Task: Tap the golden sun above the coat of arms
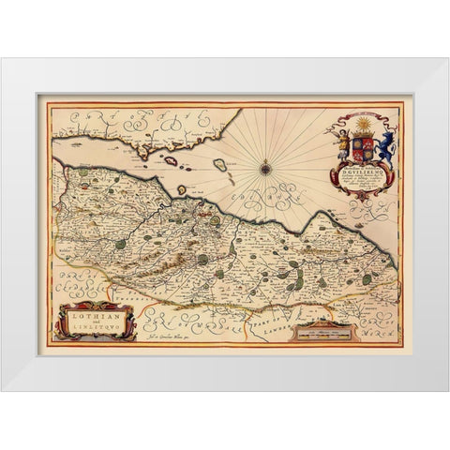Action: click(361, 125)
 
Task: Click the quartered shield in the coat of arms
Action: click(361, 146)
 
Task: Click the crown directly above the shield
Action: click(361, 134)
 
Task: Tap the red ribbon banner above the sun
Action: click(361, 115)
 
